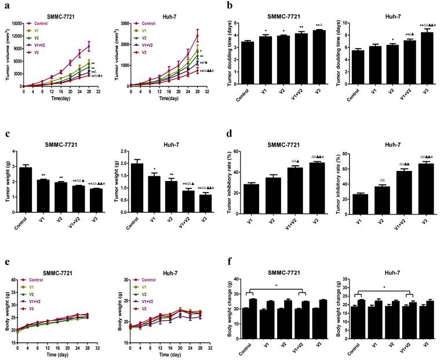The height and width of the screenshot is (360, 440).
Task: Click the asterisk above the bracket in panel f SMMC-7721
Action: pos(275,286)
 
